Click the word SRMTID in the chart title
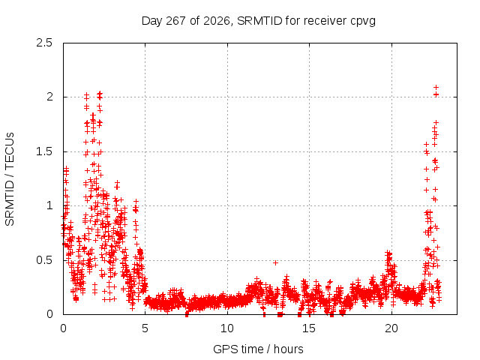(259, 21)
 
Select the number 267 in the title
(175, 21)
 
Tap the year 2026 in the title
(217, 21)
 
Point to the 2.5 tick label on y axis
(44, 43)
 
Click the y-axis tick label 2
(49, 97)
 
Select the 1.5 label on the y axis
(44, 151)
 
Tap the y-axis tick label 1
(50, 205)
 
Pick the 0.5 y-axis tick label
(44, 260)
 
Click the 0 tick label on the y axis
(49, 314)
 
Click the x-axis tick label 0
(63, 328)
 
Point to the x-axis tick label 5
(145, 328)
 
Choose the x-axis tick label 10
(227, 328)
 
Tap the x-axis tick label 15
(309, 328)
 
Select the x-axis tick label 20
(391, 328)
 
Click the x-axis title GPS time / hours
(258, 349)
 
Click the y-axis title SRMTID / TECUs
(10, 179)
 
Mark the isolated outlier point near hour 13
(275, 262)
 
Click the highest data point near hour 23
(436, 88)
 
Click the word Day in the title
(151, 22)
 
